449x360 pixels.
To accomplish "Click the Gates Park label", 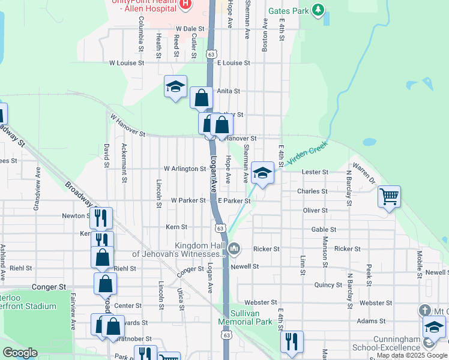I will [288, 11].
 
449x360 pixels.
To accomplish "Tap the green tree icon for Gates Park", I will [319, 10].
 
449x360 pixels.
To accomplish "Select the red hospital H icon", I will [185, 4].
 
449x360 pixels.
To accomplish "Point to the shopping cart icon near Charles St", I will [389, 196].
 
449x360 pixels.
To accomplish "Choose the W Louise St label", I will [127, 62].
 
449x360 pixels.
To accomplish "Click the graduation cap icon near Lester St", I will [262, 173].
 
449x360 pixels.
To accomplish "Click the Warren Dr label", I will [364, 172].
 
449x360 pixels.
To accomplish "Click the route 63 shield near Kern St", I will [221, 228].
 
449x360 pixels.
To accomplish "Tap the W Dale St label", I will [190, 28].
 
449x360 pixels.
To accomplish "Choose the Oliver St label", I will [315, 211].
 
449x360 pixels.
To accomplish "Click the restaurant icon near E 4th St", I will [291, 341].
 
